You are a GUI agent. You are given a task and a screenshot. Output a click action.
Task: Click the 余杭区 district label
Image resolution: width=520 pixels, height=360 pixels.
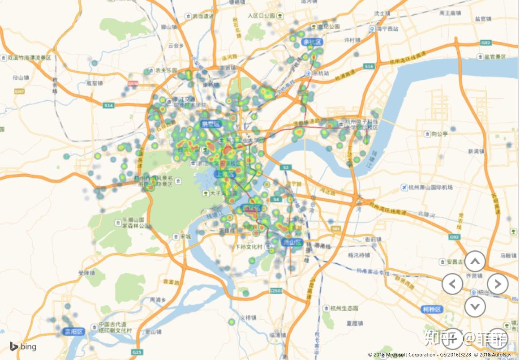[x=312, y=42]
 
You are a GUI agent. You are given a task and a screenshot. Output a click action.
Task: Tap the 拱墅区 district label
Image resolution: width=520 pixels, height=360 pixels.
[x=211, y=124]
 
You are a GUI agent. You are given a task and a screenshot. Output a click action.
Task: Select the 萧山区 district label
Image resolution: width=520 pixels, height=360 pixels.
[x=292, y=242]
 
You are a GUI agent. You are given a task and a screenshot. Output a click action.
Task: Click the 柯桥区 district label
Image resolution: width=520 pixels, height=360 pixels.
[x=432, y=309]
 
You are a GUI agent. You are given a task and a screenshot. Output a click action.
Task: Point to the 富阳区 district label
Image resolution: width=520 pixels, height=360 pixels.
[x=74, y=332]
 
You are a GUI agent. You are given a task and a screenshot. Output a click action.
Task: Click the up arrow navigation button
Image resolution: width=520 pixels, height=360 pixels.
[x=475, y=261]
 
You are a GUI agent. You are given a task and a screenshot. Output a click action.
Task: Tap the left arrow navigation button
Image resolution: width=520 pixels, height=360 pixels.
[x=452, y=283]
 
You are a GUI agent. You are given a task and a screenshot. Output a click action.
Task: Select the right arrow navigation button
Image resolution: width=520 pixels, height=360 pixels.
[x=498, y=283]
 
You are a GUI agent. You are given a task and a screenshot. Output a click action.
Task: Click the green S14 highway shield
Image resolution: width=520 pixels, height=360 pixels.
[x=108, y=105]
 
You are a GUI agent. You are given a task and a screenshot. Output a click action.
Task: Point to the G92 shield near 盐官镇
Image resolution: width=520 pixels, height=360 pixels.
[x=486, y=43]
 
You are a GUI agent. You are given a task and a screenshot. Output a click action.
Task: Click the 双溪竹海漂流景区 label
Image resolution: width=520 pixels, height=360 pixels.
[x=29, y=58]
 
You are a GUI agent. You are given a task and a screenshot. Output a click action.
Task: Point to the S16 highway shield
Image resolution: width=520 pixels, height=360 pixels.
[x=369, y=66]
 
